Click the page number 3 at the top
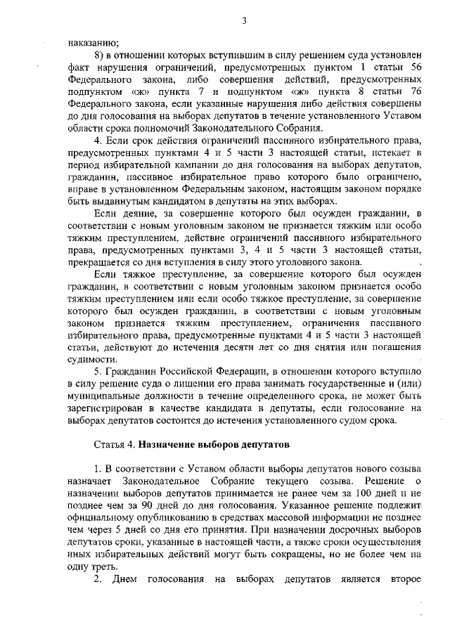tap(244, 21)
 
